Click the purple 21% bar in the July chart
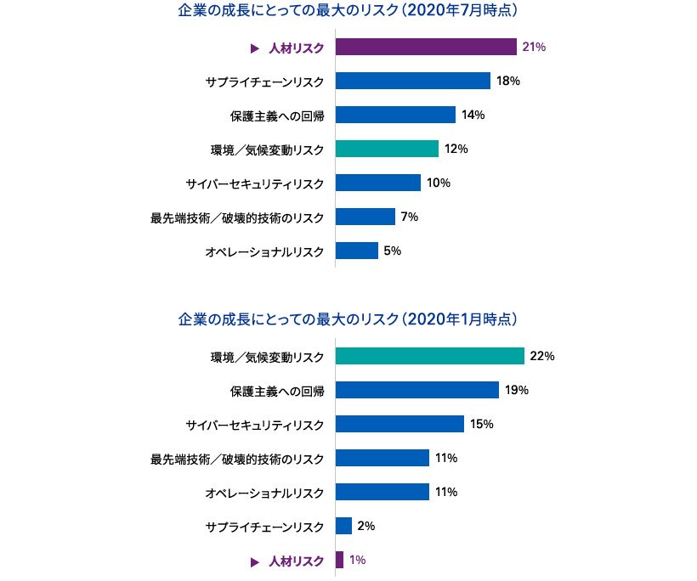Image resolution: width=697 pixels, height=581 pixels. click(426, 47)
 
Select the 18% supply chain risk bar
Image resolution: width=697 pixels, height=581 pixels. click(412, 81)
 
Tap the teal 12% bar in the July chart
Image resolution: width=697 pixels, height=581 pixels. click(387, 149)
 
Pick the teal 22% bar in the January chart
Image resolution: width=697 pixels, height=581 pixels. click(429, 356)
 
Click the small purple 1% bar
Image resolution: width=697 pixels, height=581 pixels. click(339, 560)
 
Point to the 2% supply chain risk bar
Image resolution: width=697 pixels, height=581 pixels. click(343, 526)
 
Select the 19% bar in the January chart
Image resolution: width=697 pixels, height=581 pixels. click(416, 390)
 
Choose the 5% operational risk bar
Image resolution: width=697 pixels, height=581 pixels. click(357, 251)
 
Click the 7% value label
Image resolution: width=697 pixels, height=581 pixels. click(409, 217)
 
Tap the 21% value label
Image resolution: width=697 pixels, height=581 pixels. click(534, 47)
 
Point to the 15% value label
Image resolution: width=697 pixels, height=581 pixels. click(481, 424)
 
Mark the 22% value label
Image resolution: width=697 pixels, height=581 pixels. click(541, 356)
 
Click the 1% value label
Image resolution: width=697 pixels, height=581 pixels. click(358, 560)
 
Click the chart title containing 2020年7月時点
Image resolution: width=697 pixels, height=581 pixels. click(348, 12)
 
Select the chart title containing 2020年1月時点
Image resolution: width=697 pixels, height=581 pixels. click(348, 319)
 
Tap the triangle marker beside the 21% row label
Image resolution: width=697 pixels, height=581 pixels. click(253, 48)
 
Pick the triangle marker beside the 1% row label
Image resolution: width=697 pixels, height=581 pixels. click(253, 561)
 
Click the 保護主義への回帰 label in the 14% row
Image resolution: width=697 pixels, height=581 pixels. click(277, 115)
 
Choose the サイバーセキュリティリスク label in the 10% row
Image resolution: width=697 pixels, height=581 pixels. click(254, 183)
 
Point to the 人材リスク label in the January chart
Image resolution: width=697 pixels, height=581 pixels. click(296, 561)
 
